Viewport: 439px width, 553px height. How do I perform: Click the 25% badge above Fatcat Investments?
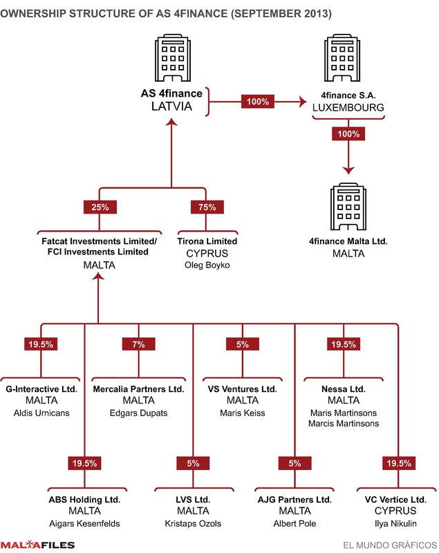tap(100, 207)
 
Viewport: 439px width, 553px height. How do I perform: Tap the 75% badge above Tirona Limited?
tap(207, 207)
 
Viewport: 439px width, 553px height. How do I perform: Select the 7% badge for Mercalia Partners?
tap(138, 344)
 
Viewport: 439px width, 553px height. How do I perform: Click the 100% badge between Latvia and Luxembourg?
tap(258, 102)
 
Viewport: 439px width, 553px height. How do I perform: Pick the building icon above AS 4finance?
tap(173, 58)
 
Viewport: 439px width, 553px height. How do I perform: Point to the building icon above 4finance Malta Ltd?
tap(348, 207)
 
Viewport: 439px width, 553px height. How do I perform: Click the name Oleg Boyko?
tap(207, 265)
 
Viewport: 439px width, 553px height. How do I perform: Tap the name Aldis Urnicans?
tap(41, 413)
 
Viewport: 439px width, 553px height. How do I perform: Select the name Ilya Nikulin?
tap(395, 524)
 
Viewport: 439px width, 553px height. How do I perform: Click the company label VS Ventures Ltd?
tap(243, 389)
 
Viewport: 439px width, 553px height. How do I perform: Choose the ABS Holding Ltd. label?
tap(84, 500)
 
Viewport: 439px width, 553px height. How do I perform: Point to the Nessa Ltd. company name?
tap(344, 389)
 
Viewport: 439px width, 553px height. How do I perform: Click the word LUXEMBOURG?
tap(348, 108)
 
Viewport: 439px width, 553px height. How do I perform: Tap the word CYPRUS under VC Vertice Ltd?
tap(395, 511)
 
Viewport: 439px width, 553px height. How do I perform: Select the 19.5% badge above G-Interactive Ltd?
tap(41, 344)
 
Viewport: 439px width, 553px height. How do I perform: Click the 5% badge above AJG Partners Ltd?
tap(295, 463)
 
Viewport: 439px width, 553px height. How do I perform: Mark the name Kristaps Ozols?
tap(194, 524)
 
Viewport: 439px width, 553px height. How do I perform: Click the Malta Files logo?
tap(37, 545)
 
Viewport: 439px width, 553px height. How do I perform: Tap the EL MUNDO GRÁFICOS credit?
tap(391, 545)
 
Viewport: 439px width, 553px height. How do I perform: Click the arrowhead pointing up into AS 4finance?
tap(171, 122)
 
